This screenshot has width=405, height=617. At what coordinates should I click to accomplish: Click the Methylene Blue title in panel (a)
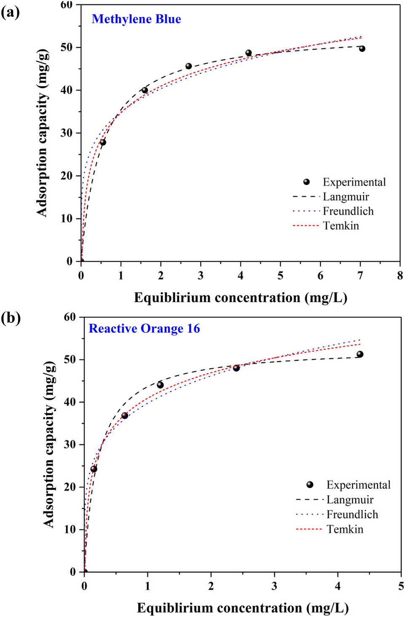point(136,19)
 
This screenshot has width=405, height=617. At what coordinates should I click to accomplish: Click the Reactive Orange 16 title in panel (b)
point(144,329)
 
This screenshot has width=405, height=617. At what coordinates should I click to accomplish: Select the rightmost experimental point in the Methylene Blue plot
point(362,49)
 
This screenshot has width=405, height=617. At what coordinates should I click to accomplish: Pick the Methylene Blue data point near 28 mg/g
point(103,142)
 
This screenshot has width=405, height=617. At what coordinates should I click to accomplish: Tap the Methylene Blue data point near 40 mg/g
point(145,90)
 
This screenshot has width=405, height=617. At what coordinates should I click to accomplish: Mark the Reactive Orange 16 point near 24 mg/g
point(94,469)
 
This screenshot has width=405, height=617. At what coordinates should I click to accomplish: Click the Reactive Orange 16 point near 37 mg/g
point(125,416)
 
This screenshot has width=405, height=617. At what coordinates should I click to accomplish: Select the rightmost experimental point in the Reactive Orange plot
point(360,354)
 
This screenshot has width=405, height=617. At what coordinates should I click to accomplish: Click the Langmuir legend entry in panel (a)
point(346,197)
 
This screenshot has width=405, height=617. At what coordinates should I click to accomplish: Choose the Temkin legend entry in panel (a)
point(341,226)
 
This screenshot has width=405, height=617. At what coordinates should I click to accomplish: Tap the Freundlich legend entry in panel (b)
point(352,515)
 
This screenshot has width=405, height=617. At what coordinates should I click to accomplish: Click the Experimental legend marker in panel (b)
point(310,485)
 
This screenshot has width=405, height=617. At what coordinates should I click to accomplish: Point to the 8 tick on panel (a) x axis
point(400,276)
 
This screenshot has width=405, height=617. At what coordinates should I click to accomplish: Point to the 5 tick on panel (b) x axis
point(401,586)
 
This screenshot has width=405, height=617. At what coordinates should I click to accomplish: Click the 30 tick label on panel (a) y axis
point(67,133)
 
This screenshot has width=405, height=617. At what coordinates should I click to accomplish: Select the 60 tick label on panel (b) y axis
point(70,317)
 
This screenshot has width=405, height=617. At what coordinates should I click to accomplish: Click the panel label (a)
point(10,13)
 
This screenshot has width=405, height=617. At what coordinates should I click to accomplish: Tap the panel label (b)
point(11,318)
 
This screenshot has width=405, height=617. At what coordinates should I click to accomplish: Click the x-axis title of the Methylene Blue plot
point(240,298)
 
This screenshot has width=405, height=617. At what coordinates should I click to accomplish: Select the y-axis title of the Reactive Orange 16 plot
point(49,444)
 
